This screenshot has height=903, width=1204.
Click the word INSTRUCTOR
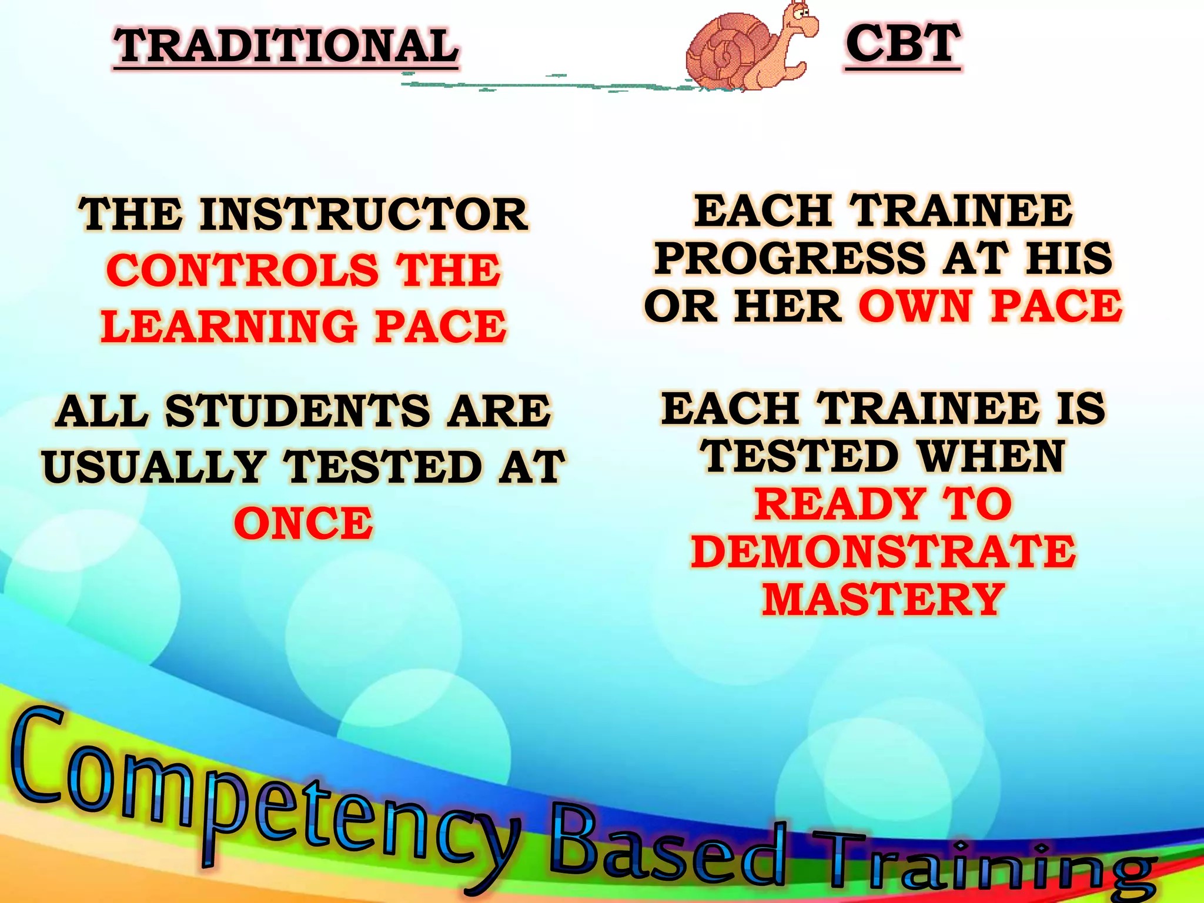point(364,215)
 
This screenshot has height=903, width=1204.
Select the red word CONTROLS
point(242,270)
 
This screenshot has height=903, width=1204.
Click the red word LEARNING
point(229,327)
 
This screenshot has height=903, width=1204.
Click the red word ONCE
point(303,523)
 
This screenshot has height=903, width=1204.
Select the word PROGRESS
point(791,258)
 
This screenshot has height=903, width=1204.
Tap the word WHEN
point(992,456)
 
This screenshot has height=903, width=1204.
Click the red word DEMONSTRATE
point(884,551)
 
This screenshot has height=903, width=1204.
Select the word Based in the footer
point(667,847)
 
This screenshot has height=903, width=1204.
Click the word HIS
point(1068,258)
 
